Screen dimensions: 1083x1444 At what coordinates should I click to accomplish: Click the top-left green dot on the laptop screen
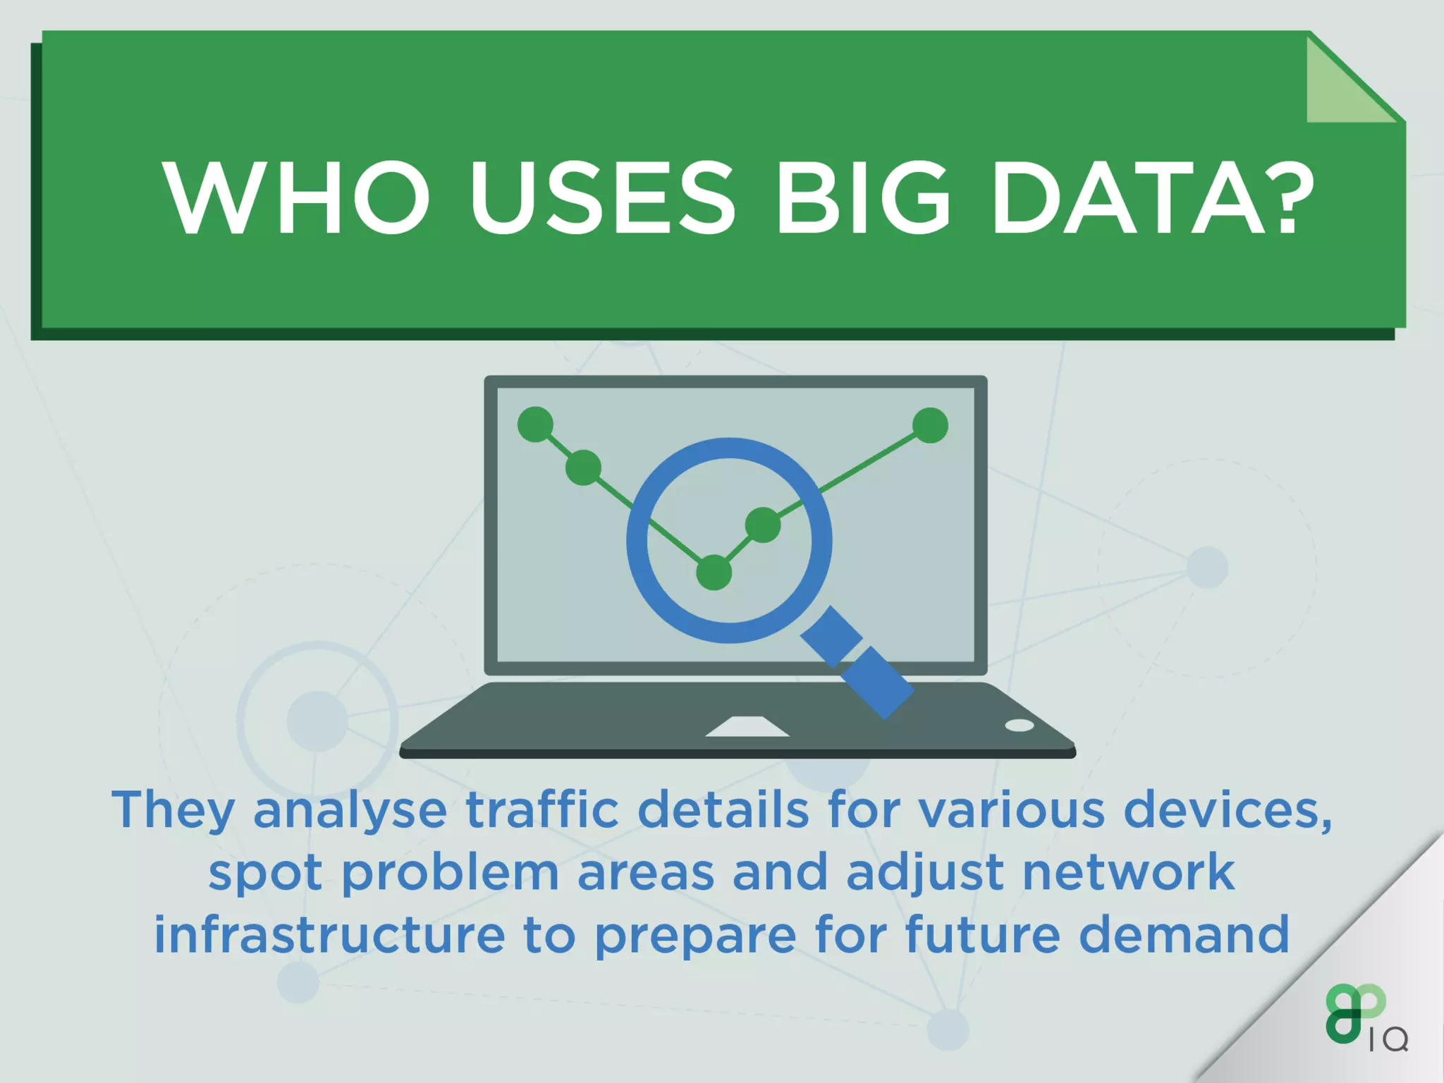tap(535, 424)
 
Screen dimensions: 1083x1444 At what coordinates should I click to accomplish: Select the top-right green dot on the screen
tap(930, 425)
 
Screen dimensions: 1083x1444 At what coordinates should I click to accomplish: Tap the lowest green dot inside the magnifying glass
tap(714, 572)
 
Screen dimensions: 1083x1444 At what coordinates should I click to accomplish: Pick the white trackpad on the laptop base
tap(747, 727)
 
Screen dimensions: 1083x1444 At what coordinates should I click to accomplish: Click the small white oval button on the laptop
tap(1019, 726)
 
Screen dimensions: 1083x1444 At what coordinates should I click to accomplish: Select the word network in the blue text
tap(1128, 872)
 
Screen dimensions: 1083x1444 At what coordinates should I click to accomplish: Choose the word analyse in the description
tap(350, 811)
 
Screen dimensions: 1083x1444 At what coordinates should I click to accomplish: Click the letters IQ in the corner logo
tap(1388, 1040)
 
